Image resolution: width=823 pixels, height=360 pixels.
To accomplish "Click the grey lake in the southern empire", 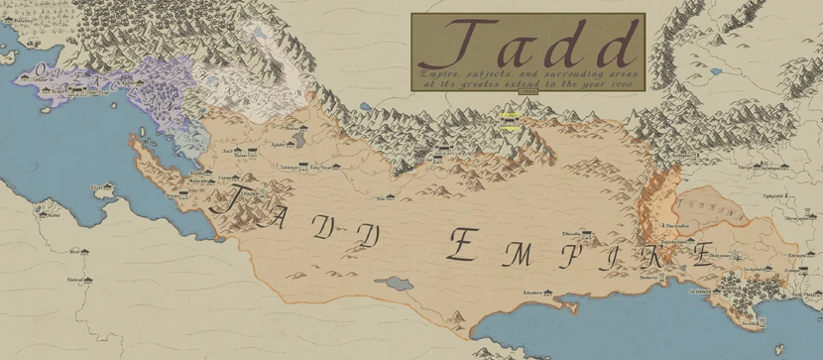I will tap(396, 284).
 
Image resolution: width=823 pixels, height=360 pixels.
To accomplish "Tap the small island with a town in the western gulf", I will tap(100, 187).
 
